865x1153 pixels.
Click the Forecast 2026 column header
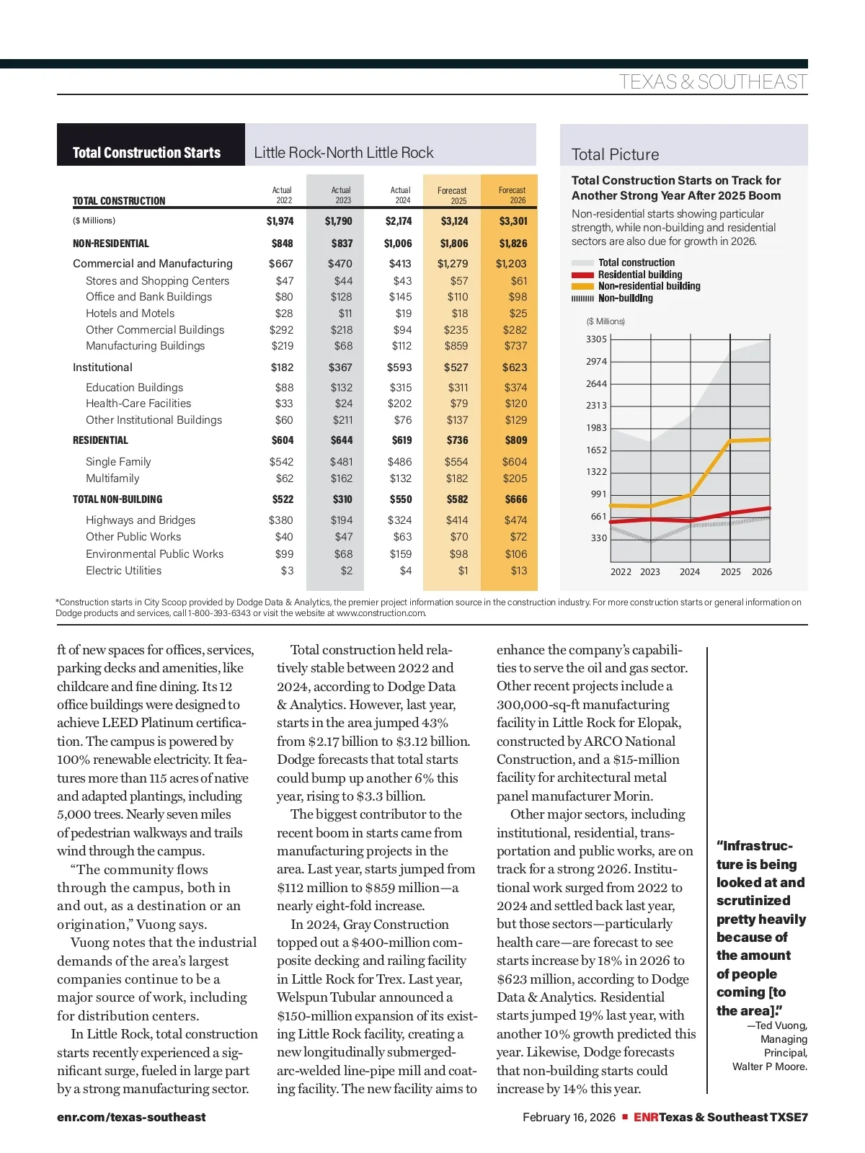point(512,195)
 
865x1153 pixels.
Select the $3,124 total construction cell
point(454,221)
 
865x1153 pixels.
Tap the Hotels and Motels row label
point(130,313)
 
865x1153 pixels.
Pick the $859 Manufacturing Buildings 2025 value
point(456,346)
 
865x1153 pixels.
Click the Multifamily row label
point(112,478)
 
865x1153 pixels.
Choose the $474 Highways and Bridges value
point(515,520)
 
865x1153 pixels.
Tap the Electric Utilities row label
point(123,571)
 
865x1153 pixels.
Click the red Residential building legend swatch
point(582,275)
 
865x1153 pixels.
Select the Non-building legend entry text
point(625,298)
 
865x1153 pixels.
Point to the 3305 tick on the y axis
point(596,339)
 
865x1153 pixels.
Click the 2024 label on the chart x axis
point(690,572)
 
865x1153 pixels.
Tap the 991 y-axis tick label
point(598,494)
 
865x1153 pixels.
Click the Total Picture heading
point(615,154)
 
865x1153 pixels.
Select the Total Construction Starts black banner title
point(146,153)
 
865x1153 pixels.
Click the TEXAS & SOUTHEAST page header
point(712,82)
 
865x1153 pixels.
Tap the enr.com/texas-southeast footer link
point(131,1117)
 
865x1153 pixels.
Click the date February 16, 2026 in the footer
point(569,1117)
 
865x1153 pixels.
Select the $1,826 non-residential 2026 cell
point(513,244)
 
